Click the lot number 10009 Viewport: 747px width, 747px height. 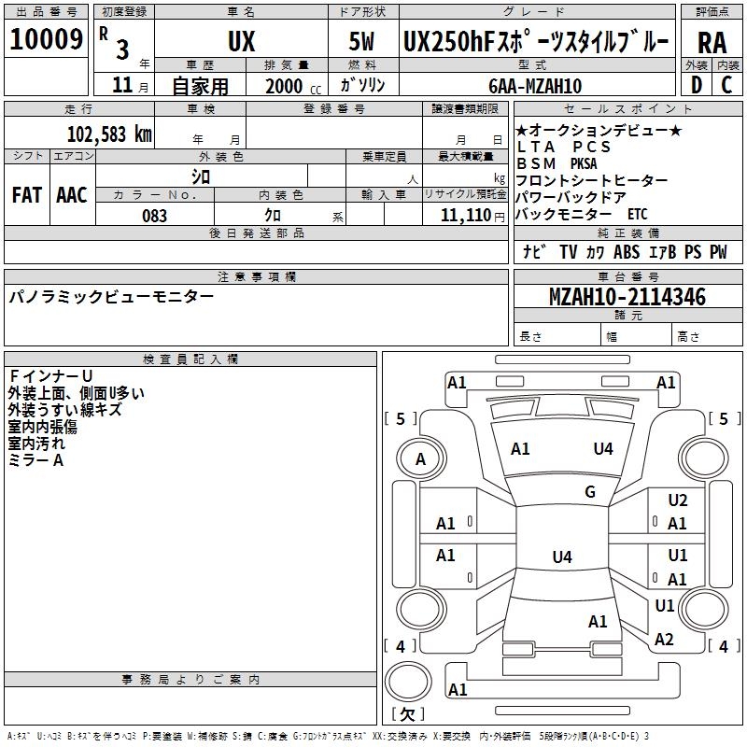46,40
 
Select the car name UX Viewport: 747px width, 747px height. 241,43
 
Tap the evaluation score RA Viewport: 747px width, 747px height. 712,43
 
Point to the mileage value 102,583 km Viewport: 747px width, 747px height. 109,134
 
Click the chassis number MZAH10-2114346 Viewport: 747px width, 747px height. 627,297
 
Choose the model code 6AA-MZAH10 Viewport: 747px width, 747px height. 535,86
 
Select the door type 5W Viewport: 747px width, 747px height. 362,43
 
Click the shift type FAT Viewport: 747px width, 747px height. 27,195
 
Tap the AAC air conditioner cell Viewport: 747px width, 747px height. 72,195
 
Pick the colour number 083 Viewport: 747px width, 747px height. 154,216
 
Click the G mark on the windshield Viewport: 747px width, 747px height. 590,492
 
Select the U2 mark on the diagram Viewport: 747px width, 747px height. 678,501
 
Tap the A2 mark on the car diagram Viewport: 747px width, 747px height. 664,640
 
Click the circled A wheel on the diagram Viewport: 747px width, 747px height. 420,459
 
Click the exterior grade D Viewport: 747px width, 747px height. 696,86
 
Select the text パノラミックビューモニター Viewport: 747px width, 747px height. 111,297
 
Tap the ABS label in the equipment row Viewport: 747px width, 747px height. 627,251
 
